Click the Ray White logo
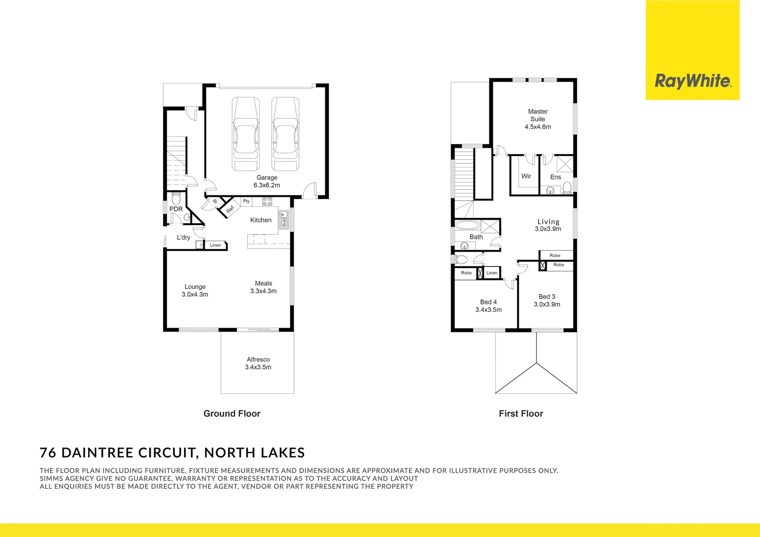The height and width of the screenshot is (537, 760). tap(692, 81)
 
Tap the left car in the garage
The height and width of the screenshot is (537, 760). tap(246, 134)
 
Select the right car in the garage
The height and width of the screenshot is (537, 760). tap(285, 134)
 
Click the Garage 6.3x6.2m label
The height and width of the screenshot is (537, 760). tap(267, 181)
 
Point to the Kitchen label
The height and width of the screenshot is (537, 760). tap(261, 220)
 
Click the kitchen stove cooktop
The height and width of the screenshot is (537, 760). tap(267, 201)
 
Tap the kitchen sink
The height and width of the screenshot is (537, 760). tap(284, 219)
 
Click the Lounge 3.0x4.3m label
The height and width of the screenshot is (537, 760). tap(195, 290)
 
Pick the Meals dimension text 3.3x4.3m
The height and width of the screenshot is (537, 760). tap(263, 291)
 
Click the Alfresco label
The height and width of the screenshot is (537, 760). tap(258, 359)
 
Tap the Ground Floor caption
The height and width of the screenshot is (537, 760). tap(232, 414)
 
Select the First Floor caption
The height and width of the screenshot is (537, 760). tap(521, 414)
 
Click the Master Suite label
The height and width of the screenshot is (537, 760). tap(538, 115)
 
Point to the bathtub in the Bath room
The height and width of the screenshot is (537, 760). tap(468, 225)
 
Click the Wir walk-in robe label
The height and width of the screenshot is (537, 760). tap(526, 176)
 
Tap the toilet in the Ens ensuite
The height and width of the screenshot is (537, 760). tap(567, 187)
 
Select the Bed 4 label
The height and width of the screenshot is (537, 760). tap(488, 302)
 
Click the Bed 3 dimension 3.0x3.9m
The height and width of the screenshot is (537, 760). tap(547, 304)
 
